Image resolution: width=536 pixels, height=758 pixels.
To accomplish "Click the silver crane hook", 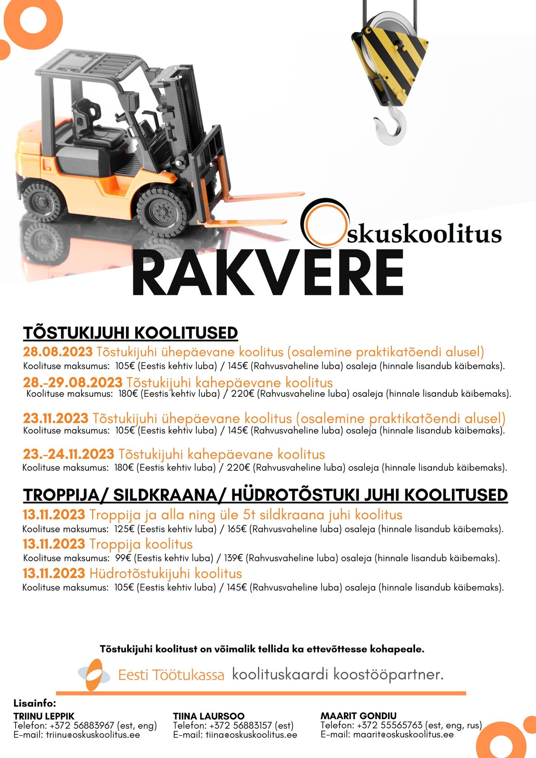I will pos(390,128).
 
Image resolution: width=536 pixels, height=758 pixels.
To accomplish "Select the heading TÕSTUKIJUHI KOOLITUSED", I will pos(130,333).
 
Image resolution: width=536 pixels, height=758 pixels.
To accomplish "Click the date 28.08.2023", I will pos(57,352).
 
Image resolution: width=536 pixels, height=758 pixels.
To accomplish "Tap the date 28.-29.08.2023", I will pos(73,382).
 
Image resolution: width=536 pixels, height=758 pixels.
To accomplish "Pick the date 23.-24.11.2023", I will pos(68,454).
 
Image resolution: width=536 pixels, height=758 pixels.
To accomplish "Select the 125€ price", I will pos(126,529).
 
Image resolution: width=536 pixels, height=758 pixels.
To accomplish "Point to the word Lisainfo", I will pos(35,702).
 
